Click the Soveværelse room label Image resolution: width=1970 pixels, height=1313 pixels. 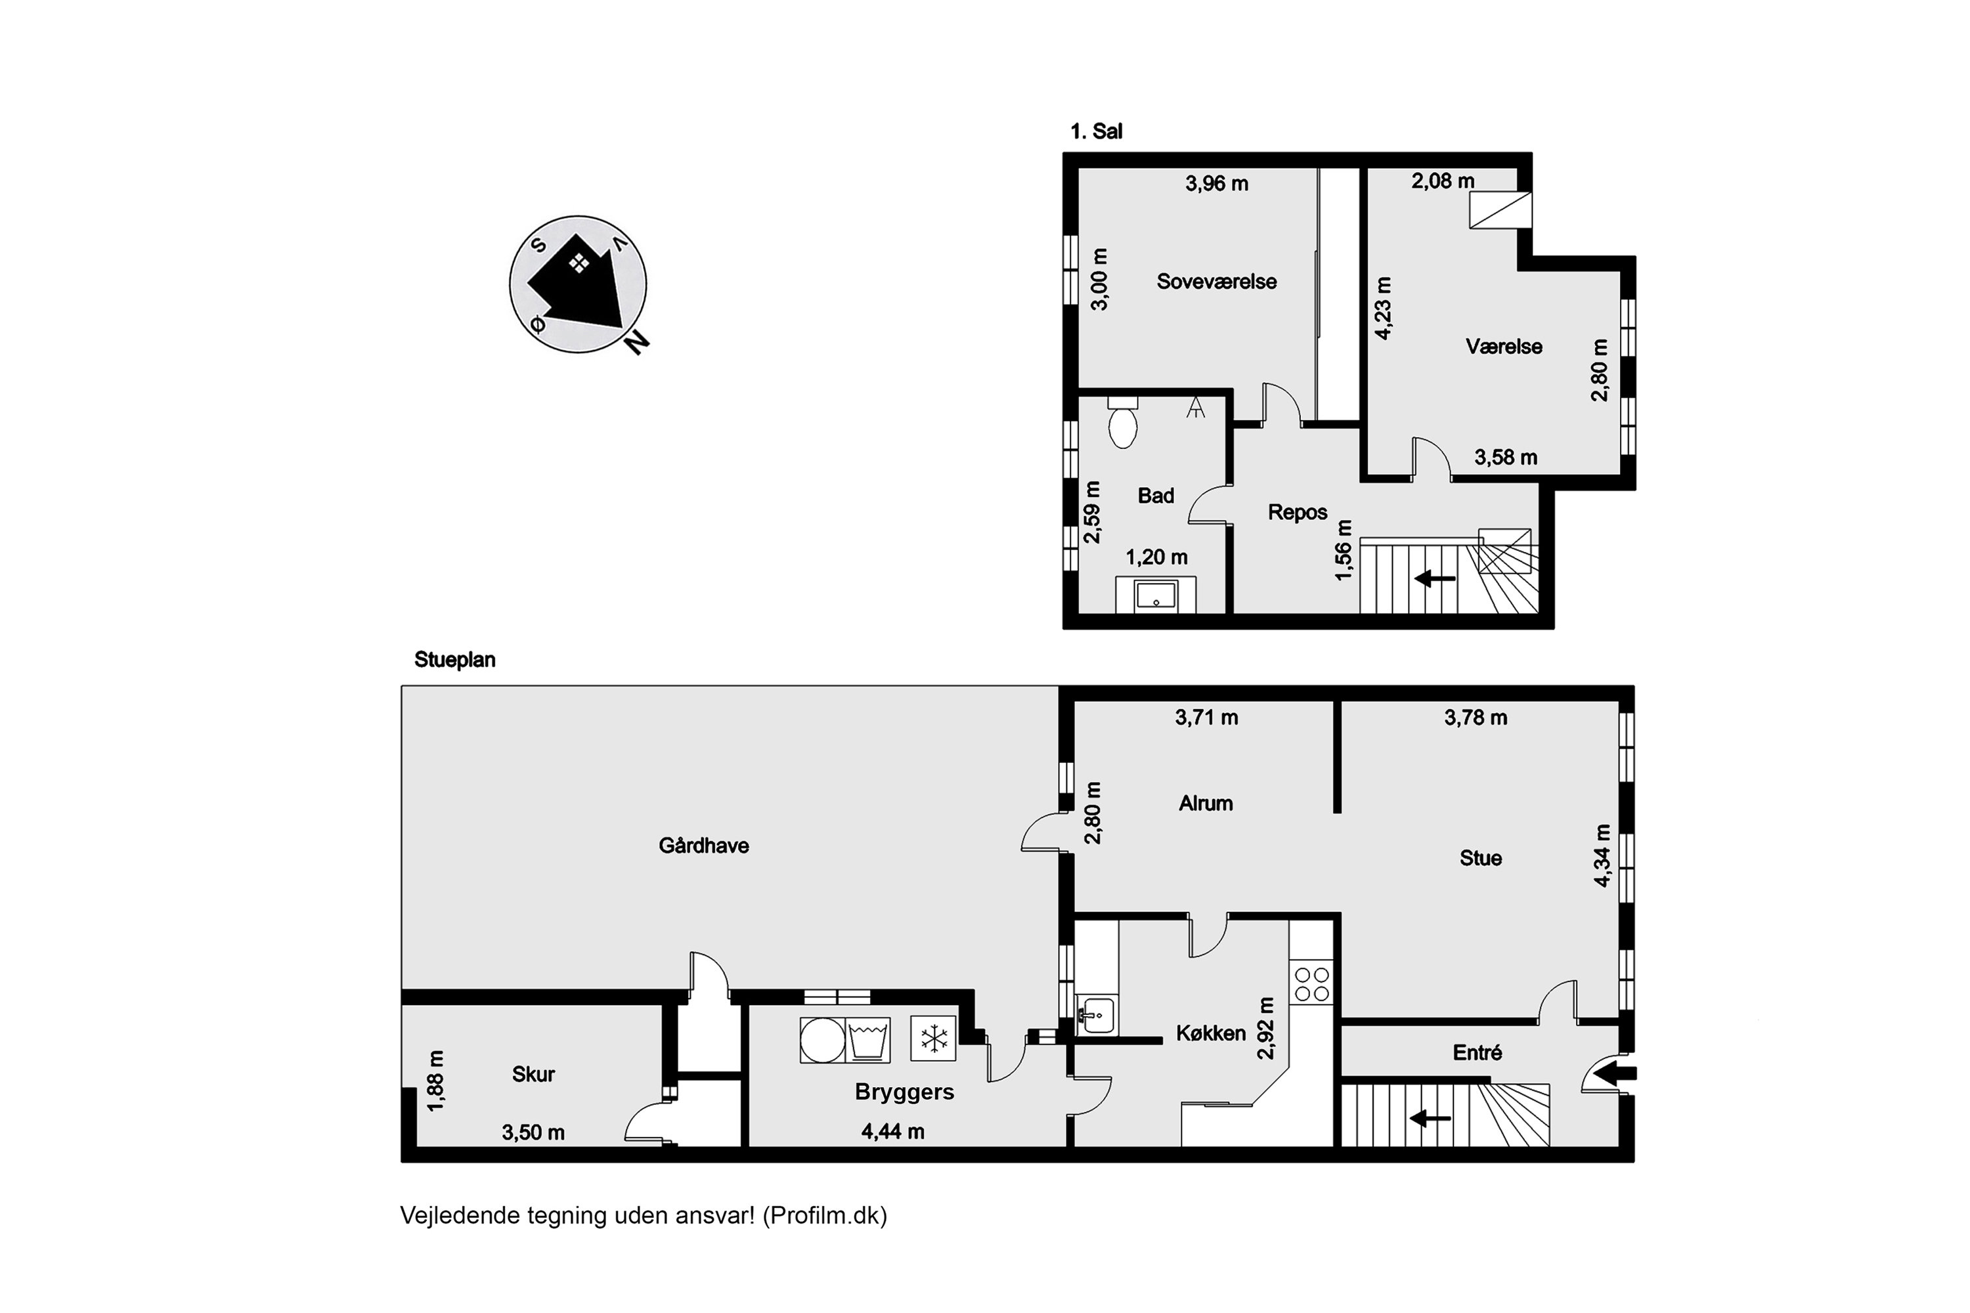(1216, 282)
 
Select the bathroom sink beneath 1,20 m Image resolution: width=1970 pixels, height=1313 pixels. (1156, 595)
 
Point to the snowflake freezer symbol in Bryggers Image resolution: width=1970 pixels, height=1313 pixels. (932, 1039)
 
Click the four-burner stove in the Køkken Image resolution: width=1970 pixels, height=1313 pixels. (1311, 984)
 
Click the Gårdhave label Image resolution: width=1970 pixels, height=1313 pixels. (703, 846)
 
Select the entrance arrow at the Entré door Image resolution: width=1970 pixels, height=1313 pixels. (1614, 1073)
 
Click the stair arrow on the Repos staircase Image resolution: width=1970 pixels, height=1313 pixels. (1434, 578)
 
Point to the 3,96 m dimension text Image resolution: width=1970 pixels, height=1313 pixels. (1216, 183)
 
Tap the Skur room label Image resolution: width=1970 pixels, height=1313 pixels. (533, 1074)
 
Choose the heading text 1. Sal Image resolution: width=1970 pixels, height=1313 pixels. (1097, 131)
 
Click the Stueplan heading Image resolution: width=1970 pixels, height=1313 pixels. (455, 660)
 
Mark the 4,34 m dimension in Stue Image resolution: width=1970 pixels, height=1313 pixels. (1602, 855)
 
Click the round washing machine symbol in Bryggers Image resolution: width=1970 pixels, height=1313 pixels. (821, 1040)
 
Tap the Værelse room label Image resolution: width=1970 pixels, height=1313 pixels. (1504, 347)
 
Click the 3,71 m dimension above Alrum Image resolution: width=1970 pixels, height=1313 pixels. (1206, 718)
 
